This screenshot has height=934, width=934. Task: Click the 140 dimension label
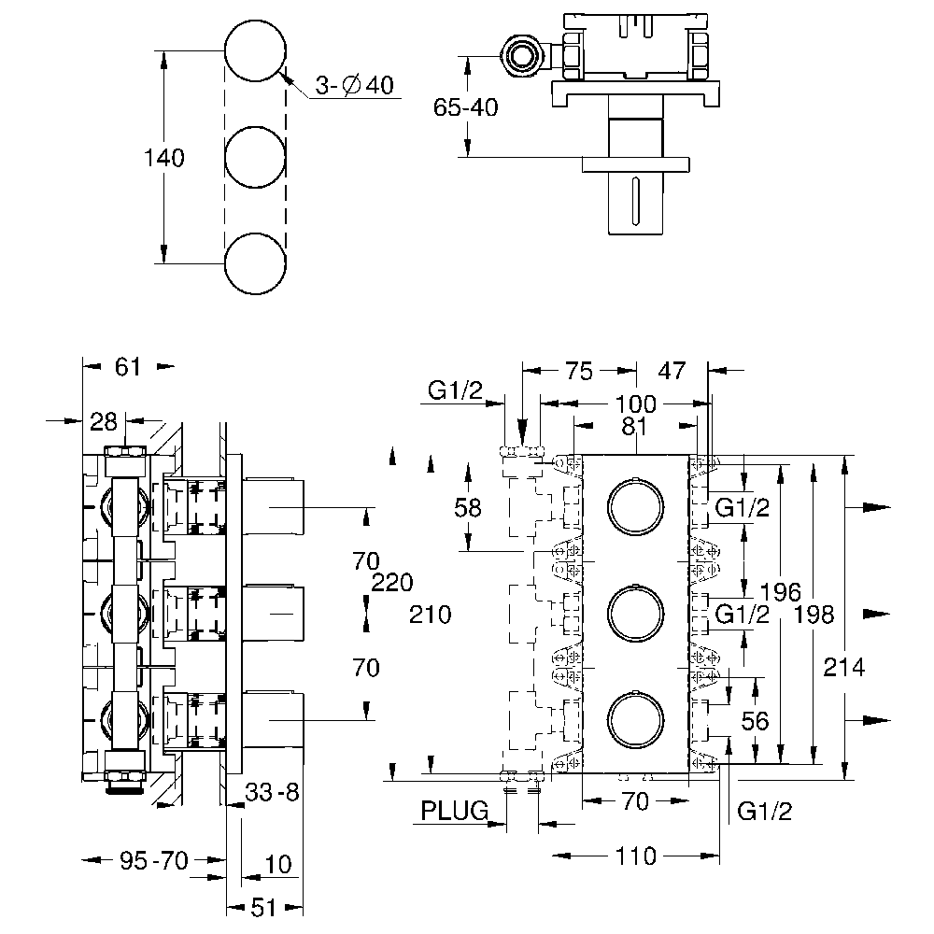(x=163, y=158)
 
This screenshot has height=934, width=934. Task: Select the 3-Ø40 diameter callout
(x=354, y=86)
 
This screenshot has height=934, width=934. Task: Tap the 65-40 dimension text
(x=466, y=107)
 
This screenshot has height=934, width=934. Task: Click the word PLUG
(x=454, y=811)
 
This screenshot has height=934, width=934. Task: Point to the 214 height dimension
(x=845, y=667)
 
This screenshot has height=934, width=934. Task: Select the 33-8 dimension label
(x=271, y=794)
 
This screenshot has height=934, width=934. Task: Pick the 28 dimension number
(x=105, y=421)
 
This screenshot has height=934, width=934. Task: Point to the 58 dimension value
(x=467, y=507)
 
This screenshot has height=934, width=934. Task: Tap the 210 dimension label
(x=430, y=614)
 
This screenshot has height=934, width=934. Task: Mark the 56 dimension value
(x=755, y=720)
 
